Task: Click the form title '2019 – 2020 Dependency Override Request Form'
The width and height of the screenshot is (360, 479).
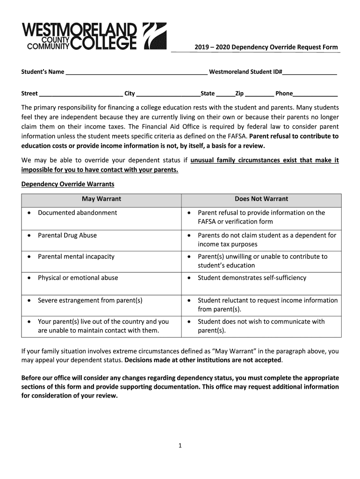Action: click(x=266, y=47)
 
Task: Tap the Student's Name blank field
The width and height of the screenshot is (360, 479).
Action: click(x=137, y=73)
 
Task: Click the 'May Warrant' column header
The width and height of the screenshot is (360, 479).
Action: click(x=101, y=199)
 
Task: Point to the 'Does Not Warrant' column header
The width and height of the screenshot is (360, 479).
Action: click(x=261, y=199)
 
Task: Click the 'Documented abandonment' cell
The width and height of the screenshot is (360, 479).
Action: click(x=78, y=213)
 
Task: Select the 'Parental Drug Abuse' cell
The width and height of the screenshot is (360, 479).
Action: click(x=67, y=235)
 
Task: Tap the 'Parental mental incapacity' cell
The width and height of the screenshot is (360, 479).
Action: click(x=76, y=256)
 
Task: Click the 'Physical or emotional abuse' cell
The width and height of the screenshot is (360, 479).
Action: click(x=78, y=278)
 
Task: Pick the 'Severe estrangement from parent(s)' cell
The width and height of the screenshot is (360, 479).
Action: click(x=90, y=300)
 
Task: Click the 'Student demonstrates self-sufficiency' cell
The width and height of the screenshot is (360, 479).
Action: click(x=252, y=278)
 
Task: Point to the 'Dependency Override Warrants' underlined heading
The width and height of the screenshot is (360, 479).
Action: click(x=68, y=184)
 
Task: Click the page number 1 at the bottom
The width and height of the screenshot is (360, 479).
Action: click(x=180, y=446)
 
